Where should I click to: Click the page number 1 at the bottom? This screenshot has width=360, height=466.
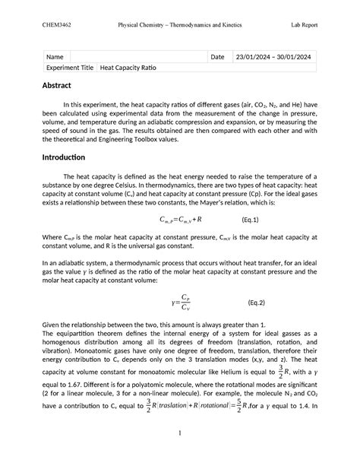(180, 434)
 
